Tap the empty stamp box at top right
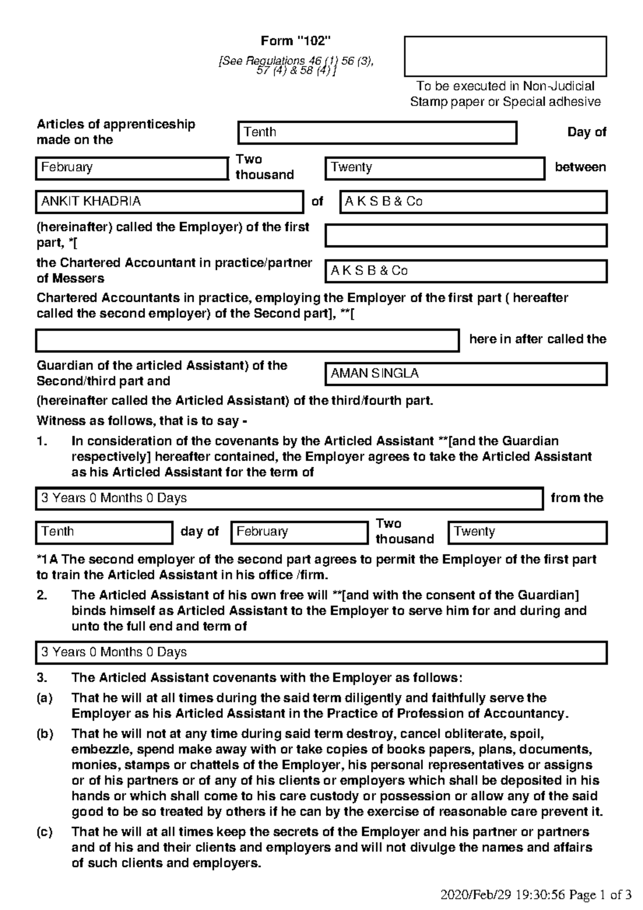[x=505, y=56]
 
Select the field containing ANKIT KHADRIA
[x=169, y=202]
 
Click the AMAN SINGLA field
[x=466, y=374]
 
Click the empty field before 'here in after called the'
[x=247, y=340]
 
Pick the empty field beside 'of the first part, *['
[x=466, y=235]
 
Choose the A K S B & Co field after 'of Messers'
[x=466, y=271]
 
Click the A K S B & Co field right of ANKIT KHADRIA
[x=473, y=202]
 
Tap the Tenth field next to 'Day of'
[x=377, y=132]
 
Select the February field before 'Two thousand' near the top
[x=131, y=168]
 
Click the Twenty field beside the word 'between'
[x=435, y=168]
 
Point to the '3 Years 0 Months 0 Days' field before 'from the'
[x=289, y=498]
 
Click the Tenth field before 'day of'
[x=104, y=532]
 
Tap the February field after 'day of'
[x=299, y=532]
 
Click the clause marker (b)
[x=45, y=734]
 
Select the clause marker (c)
[x=45, y=832]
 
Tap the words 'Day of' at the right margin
[x=586, y=132]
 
